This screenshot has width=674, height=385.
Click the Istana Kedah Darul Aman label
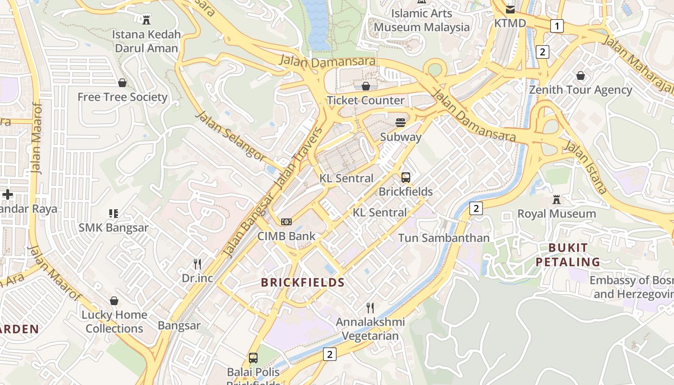coord(147,41)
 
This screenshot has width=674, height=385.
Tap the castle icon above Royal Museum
coord(557,199)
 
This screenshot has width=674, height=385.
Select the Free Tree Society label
coord(122,97)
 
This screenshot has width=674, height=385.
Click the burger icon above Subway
coord(401,123)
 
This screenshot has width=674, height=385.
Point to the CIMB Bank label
coord(286,236)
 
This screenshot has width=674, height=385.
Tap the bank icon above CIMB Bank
coord(286,221)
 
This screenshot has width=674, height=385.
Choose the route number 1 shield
coord(557,26)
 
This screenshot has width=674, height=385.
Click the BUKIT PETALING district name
coord(568,255)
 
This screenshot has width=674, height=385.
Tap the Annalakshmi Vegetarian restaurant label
coord(370,329)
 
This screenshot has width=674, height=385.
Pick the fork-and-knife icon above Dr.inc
coord(197,264)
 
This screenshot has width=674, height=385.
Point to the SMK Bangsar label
coord(114,228)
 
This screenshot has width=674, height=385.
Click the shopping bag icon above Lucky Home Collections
coord(114,301)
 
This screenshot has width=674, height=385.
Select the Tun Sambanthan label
coord(443,238)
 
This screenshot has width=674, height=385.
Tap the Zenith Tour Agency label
coord(581,90)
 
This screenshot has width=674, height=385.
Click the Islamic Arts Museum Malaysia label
coord(421,20)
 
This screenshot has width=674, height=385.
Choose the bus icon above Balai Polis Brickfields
coord(253,358)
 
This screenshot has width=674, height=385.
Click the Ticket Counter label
coord(365,101)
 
